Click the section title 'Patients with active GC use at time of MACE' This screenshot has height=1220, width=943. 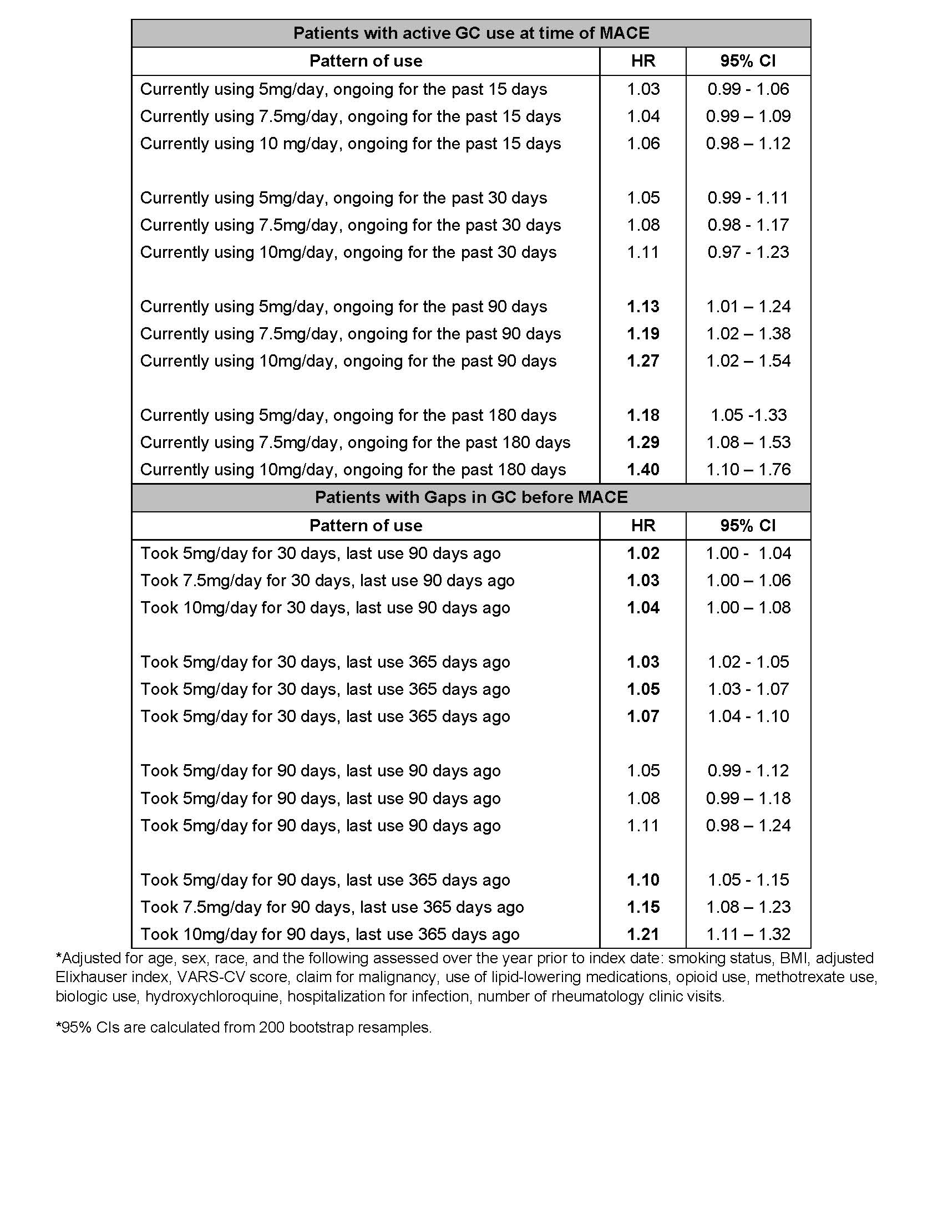point(471,33)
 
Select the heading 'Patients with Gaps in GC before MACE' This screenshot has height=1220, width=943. point(471,497)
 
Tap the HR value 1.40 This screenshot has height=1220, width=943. point(643,469)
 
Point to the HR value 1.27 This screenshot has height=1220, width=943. point(643,361)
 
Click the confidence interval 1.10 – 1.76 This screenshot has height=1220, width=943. point(748,469)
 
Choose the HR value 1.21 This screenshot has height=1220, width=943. point(643,934)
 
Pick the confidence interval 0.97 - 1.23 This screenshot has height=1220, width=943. point(748,252)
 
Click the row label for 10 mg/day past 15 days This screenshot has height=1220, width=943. point(350,144)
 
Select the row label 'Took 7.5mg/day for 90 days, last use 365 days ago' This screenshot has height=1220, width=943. point(332,907)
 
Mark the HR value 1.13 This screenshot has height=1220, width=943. point(643,307)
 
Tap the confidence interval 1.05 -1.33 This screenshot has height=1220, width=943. point(748,415)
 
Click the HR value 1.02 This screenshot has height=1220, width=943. point(643,553)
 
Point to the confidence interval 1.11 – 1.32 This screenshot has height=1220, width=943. point(748,934)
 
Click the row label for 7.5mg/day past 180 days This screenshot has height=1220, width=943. point(355,443)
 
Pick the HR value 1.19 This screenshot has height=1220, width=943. point(643,333)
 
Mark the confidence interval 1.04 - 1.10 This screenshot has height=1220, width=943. point(748,716)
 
